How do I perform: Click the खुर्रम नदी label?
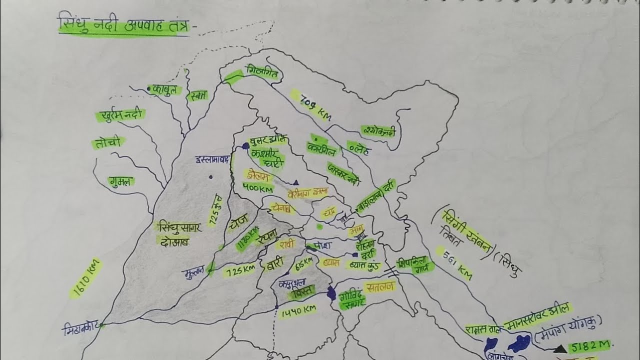(x=121, y=114)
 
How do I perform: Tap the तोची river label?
(x=107, y=143)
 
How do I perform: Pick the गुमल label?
(x=121, y=181)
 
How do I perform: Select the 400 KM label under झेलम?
(x=257, y=188)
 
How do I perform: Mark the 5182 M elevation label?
(x=590, y=347)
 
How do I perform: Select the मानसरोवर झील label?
(x=538, y=315)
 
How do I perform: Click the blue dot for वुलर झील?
(x=245, y=146)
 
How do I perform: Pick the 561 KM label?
(x=456, y=263)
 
